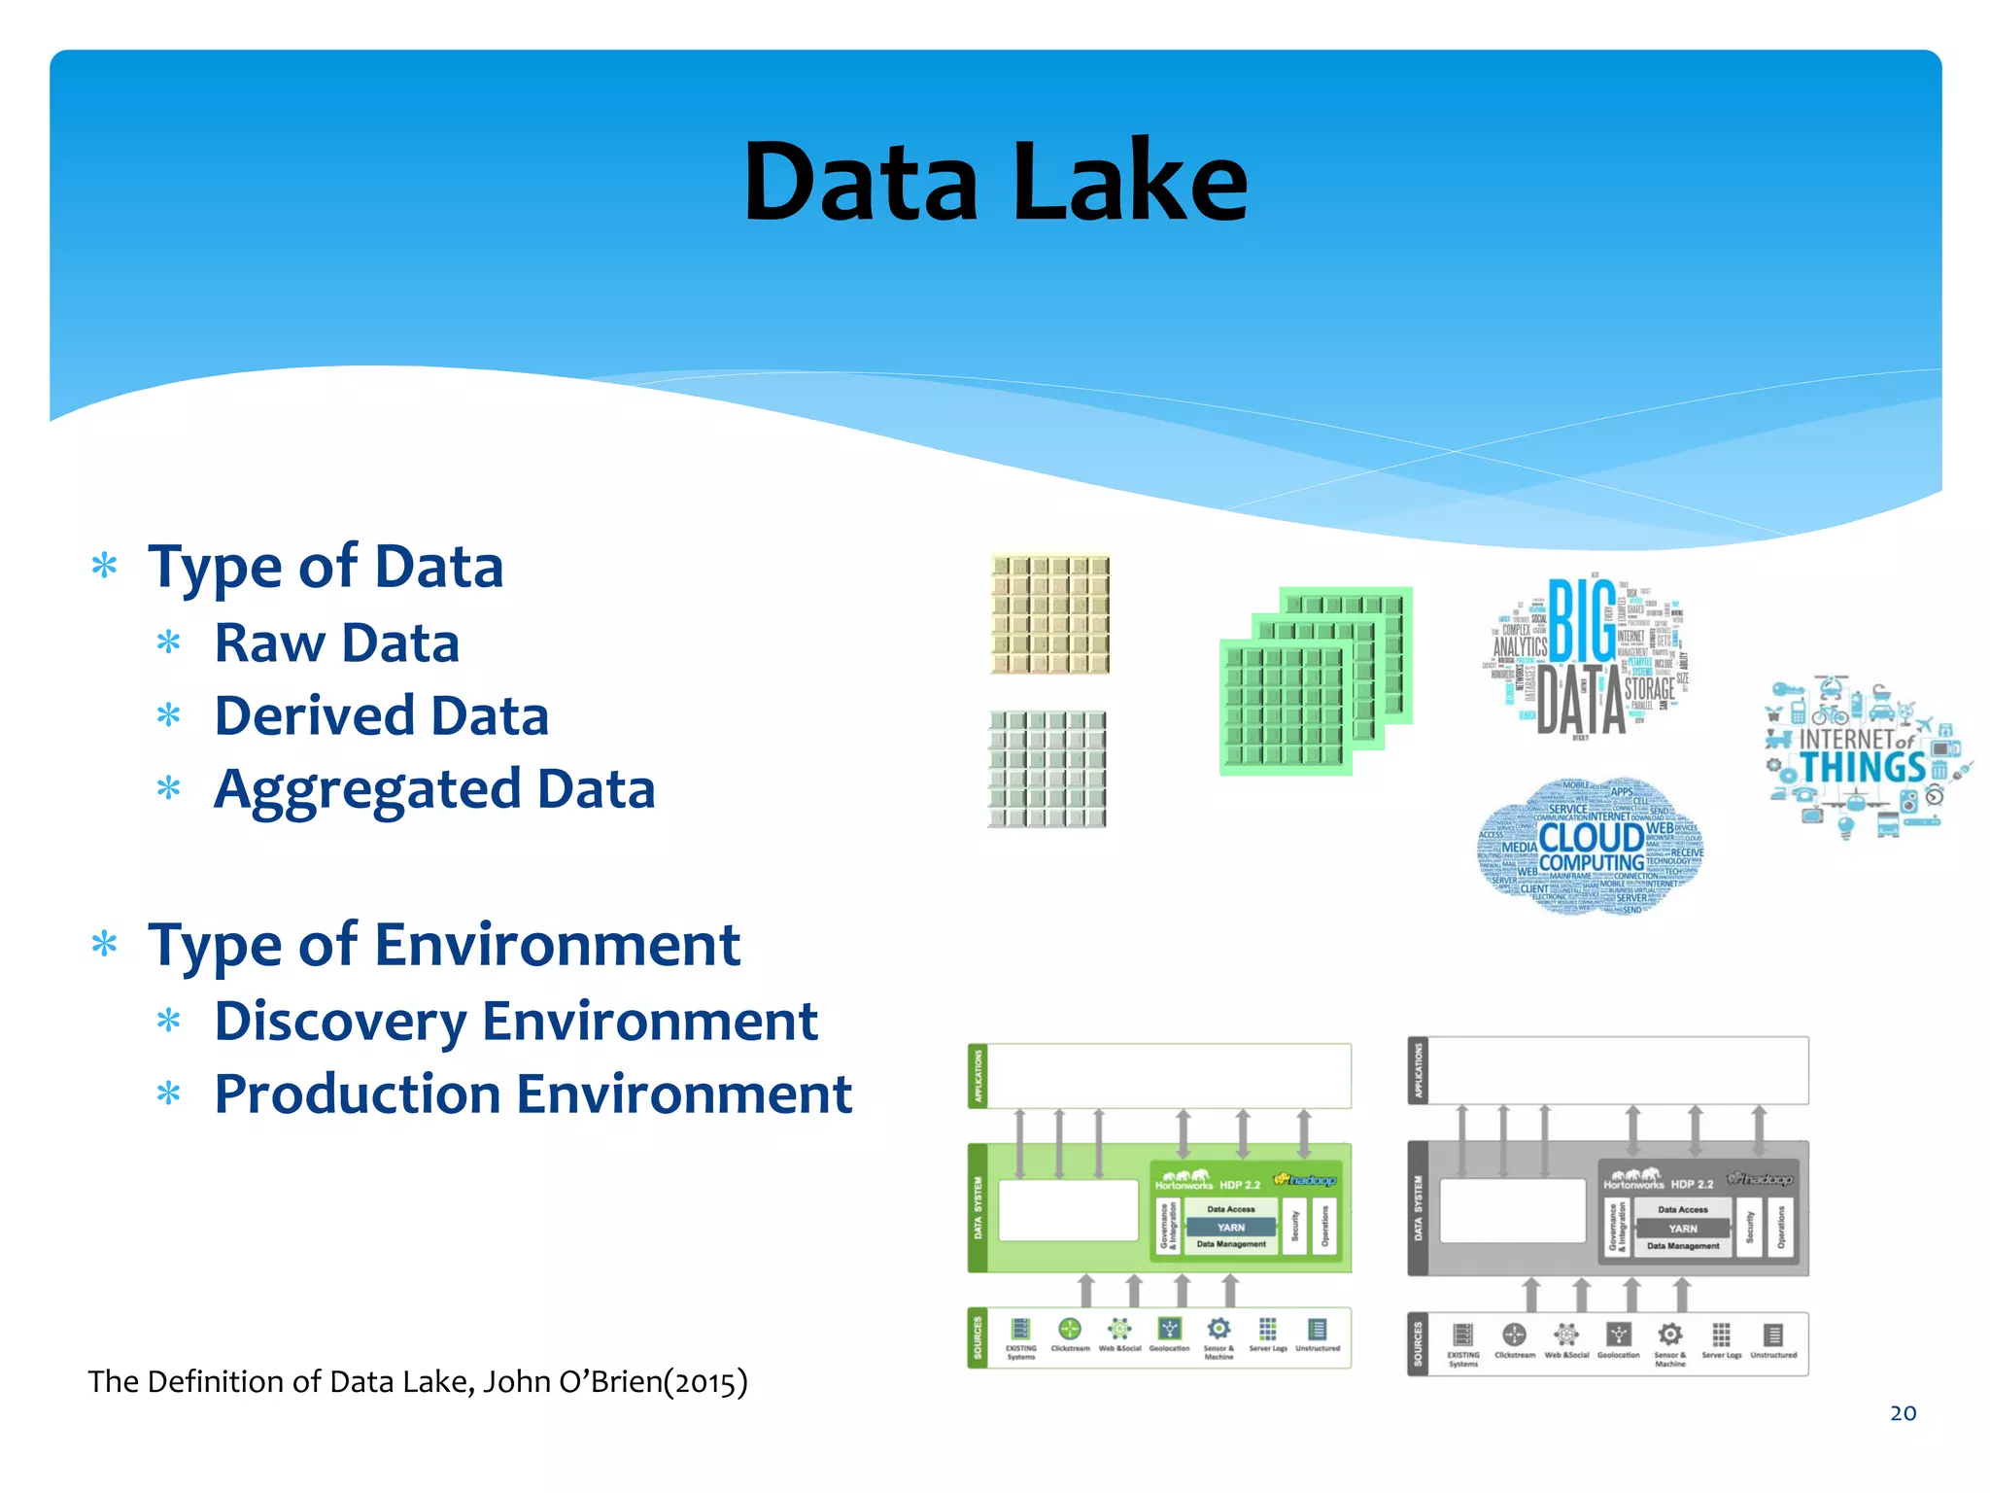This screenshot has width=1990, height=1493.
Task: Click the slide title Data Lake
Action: (995, 182)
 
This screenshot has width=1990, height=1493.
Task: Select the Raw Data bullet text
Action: (336, 643)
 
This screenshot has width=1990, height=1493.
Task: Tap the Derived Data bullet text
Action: (381, 716)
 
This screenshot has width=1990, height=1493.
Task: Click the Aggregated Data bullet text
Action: (434, 789)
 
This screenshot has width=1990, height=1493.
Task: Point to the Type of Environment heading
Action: (443, 945)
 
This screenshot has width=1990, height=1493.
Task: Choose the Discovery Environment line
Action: (515, 1022)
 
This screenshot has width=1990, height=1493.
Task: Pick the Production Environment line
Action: (532, 1094)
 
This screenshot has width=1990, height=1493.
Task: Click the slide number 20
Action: (1903, 1413)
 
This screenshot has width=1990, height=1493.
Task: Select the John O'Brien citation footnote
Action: (418, 1381)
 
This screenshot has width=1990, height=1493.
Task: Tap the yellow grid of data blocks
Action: (1049, 614)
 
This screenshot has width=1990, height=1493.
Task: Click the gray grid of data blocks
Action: (1047, 769)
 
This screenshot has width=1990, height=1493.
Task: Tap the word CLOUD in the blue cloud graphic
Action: (1591, 837)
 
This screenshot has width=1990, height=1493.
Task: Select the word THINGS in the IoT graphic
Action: (1863, 768)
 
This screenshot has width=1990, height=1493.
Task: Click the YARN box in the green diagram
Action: (1230, 1228)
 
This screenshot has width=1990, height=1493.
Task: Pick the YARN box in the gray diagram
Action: (1682, 1229)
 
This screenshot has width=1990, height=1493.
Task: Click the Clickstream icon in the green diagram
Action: (1070, 1329)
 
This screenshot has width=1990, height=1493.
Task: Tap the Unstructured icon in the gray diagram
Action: (1773, 1335)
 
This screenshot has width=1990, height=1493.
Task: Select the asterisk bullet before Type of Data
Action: (105, 566)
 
